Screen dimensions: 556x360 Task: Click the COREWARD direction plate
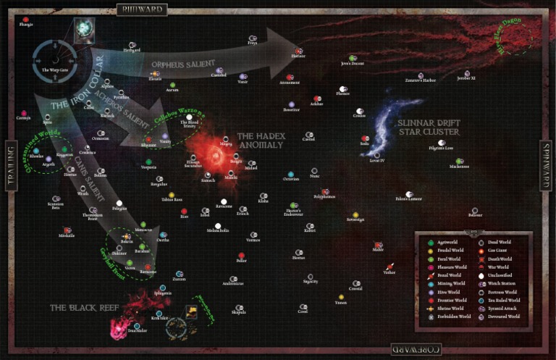click(415, 350)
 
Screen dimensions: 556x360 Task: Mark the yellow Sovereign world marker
click(355, 213)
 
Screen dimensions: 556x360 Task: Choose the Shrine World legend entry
click(431, 307)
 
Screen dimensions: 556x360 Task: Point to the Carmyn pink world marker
click(25, 113)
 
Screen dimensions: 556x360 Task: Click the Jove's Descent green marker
click(352, 58)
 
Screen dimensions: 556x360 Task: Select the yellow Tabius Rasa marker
click(172, 194)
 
